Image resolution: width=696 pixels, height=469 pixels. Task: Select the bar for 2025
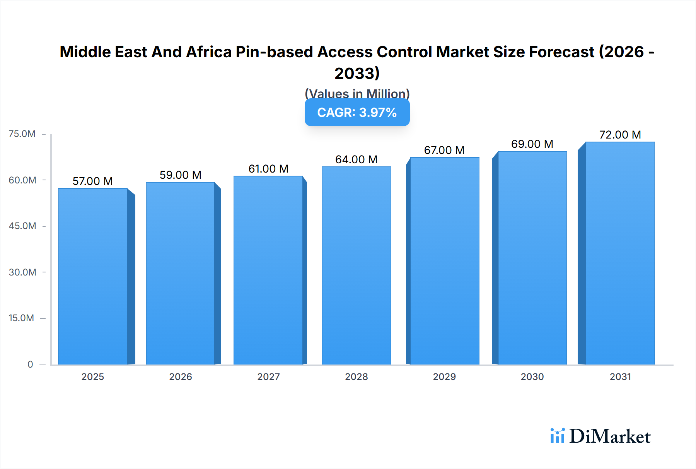click(93, 277)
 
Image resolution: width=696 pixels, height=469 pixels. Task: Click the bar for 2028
click(357, 266)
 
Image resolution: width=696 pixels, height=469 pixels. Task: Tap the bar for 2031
click(620, 253)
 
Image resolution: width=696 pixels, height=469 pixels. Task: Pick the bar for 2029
click(445, 261)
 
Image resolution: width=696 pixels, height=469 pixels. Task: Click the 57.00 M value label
click(93, 181)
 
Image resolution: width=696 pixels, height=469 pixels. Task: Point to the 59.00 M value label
click(181, 175)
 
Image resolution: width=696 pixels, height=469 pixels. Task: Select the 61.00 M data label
click(268, 169)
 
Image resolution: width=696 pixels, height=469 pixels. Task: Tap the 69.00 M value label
click(532, 144)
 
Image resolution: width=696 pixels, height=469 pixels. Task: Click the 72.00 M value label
click(620, 135)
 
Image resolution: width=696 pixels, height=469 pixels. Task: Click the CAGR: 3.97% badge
click(357, 113)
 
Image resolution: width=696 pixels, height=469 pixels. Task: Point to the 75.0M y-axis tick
click(22, 134)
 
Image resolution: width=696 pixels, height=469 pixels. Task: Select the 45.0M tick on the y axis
click(22, 226)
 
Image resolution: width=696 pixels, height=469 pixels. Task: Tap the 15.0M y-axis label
click(21, 318)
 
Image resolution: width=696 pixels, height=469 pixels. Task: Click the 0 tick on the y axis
click(30, 364)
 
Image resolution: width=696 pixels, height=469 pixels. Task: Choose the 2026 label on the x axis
click(181, 377)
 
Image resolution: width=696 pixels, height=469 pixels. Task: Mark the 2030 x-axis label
click(532, 377)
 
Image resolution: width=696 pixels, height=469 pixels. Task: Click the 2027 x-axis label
click(268, 377)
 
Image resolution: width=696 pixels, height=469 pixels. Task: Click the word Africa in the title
click(209, 52)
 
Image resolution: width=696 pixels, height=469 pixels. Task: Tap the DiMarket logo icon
click(557, 436)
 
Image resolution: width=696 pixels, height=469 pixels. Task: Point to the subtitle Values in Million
click(357, 94)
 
